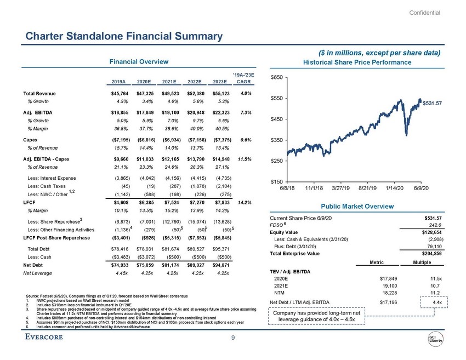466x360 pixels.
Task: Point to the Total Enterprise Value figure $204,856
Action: (x=428, y=254)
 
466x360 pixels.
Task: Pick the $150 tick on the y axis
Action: (x=276, y=181)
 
